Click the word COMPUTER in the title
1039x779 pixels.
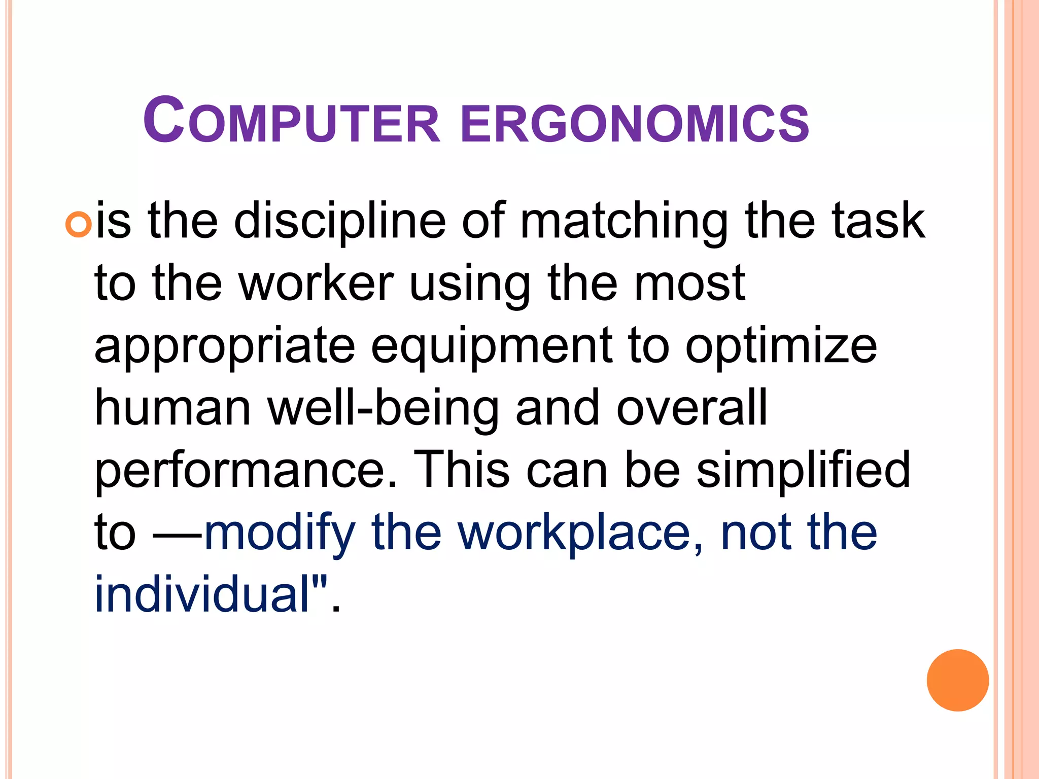292,121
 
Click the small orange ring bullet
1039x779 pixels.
79,224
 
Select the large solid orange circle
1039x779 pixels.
957,680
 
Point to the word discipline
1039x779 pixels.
340,221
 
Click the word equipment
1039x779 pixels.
492,348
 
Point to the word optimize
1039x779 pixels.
781,348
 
